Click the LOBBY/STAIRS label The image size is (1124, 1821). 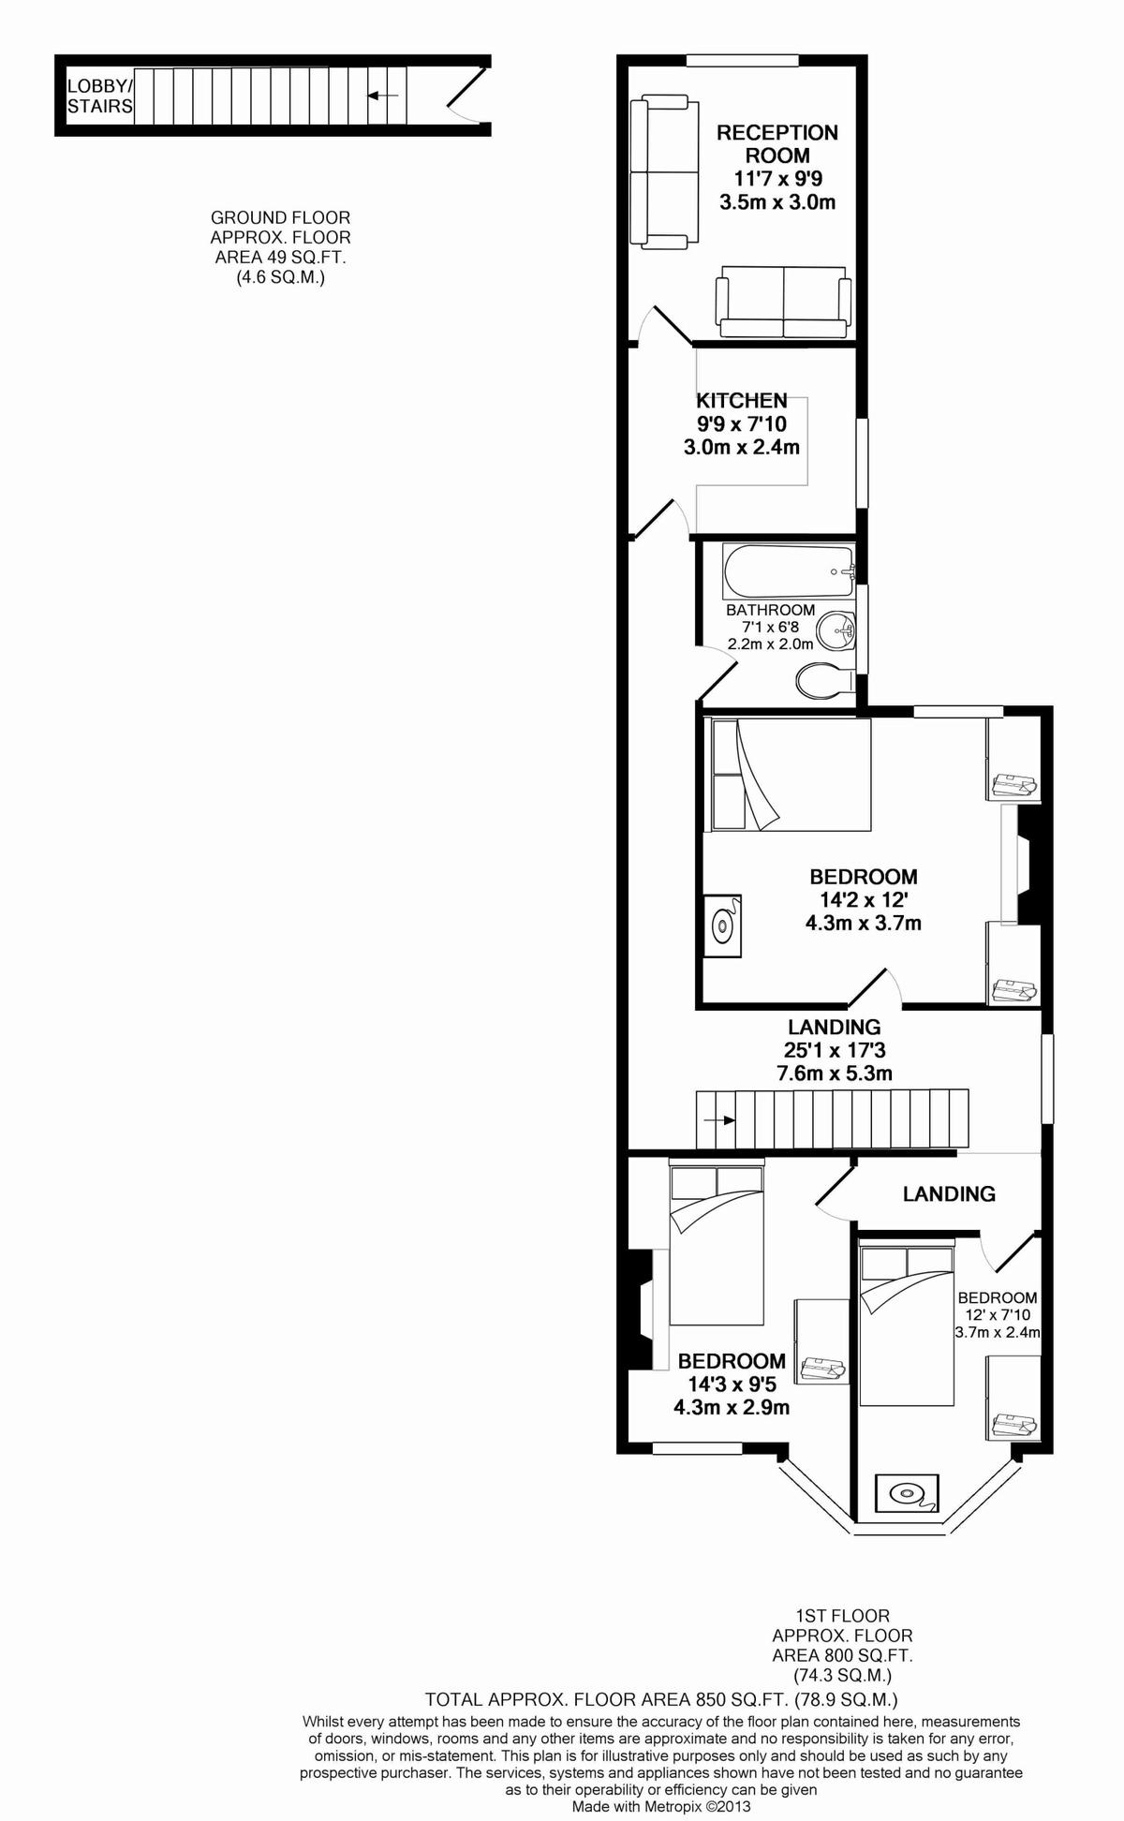(100, 96)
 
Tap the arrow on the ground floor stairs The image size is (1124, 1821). (383, 95)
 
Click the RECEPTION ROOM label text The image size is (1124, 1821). (777, 144)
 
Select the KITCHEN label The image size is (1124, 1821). (742, 400)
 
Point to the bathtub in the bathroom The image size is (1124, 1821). (788, 571)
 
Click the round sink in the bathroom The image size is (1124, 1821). (836, 629)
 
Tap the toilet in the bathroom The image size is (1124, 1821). (825, 681)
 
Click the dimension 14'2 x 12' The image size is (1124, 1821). (863, 900)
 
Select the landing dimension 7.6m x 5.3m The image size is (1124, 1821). (835, 1073)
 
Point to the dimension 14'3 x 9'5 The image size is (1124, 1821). (732, 1384)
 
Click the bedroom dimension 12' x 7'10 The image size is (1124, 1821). (998, 1315)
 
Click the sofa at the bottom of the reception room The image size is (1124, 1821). (784, 302)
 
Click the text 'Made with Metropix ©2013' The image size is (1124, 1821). (661, 1807)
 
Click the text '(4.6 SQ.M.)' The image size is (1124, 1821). (280, 277)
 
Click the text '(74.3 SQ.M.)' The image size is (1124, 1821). (842, 1675)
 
